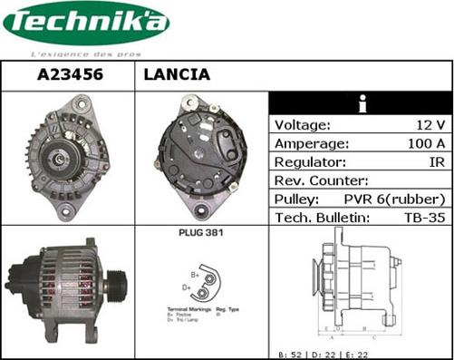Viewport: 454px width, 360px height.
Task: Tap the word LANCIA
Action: (177, 75)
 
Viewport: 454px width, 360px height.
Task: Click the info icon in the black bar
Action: (361, 104)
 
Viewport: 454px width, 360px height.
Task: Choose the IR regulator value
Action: (435, 161)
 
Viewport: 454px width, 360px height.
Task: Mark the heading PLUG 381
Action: (201, 233)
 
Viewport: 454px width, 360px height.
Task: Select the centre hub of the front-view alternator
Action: (59, 159)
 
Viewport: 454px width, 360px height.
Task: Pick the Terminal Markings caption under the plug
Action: (188, 309)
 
